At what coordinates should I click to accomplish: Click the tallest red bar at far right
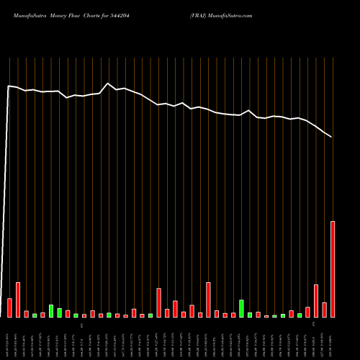click(333, 269)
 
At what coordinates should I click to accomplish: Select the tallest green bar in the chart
click(241, 309)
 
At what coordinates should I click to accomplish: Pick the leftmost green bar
click(35, 315)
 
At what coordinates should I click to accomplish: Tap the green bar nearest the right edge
click(300, 315)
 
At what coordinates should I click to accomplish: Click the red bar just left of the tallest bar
click(324, 310)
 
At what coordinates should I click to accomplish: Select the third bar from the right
click(316, 301)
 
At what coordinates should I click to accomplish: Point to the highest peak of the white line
click(108, 84)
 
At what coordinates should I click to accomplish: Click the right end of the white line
click(332, 137)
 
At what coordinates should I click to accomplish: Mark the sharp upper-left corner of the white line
click(9, 86)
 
